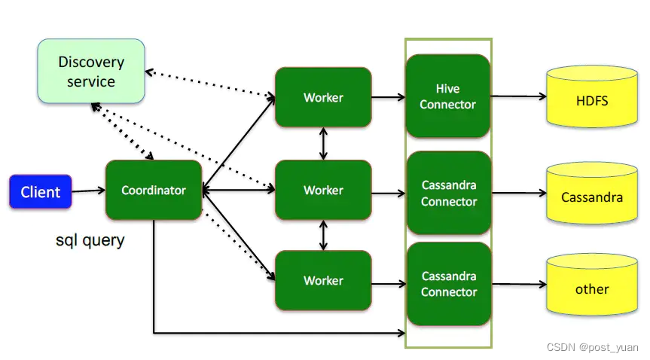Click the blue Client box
point(41,192)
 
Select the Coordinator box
point(154,190)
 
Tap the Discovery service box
point(91,72)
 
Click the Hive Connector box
point(448,96)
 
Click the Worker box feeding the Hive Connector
point(323,97)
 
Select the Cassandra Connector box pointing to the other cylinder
point(448,284)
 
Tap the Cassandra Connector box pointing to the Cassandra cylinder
point(448,194)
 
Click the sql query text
point(90,241)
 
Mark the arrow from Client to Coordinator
point(88,191)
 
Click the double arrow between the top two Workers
point(324,143)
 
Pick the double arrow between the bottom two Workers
point(324,236)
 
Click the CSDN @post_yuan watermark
point(592,348)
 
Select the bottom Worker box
point(323,280)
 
